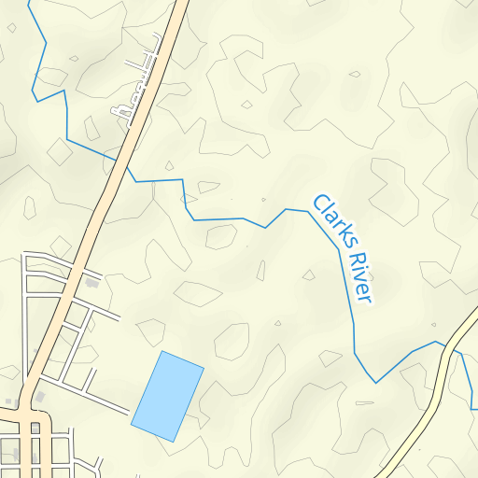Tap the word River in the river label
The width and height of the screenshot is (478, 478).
pos(359,275)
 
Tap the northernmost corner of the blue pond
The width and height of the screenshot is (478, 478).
pos(162,352)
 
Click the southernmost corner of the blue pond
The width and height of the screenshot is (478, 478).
pos(173,441)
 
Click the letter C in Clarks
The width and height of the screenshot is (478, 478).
pos(318,201)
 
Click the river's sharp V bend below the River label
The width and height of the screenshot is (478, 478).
pos(375,382)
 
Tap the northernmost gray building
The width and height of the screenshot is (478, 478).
pos(91,281)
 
